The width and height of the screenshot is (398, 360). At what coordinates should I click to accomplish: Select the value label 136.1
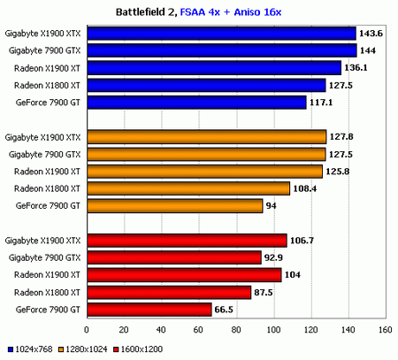pyautogui.click(x=356, y=68)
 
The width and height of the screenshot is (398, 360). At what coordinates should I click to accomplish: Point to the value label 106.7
pyautogui.click(x=303, y=241)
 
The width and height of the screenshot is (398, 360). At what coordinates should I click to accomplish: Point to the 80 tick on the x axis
pyautogui.click(x=237, y=331)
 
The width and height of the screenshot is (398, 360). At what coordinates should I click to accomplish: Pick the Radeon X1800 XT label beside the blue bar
pyautogui.click(x=50, y=85)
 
